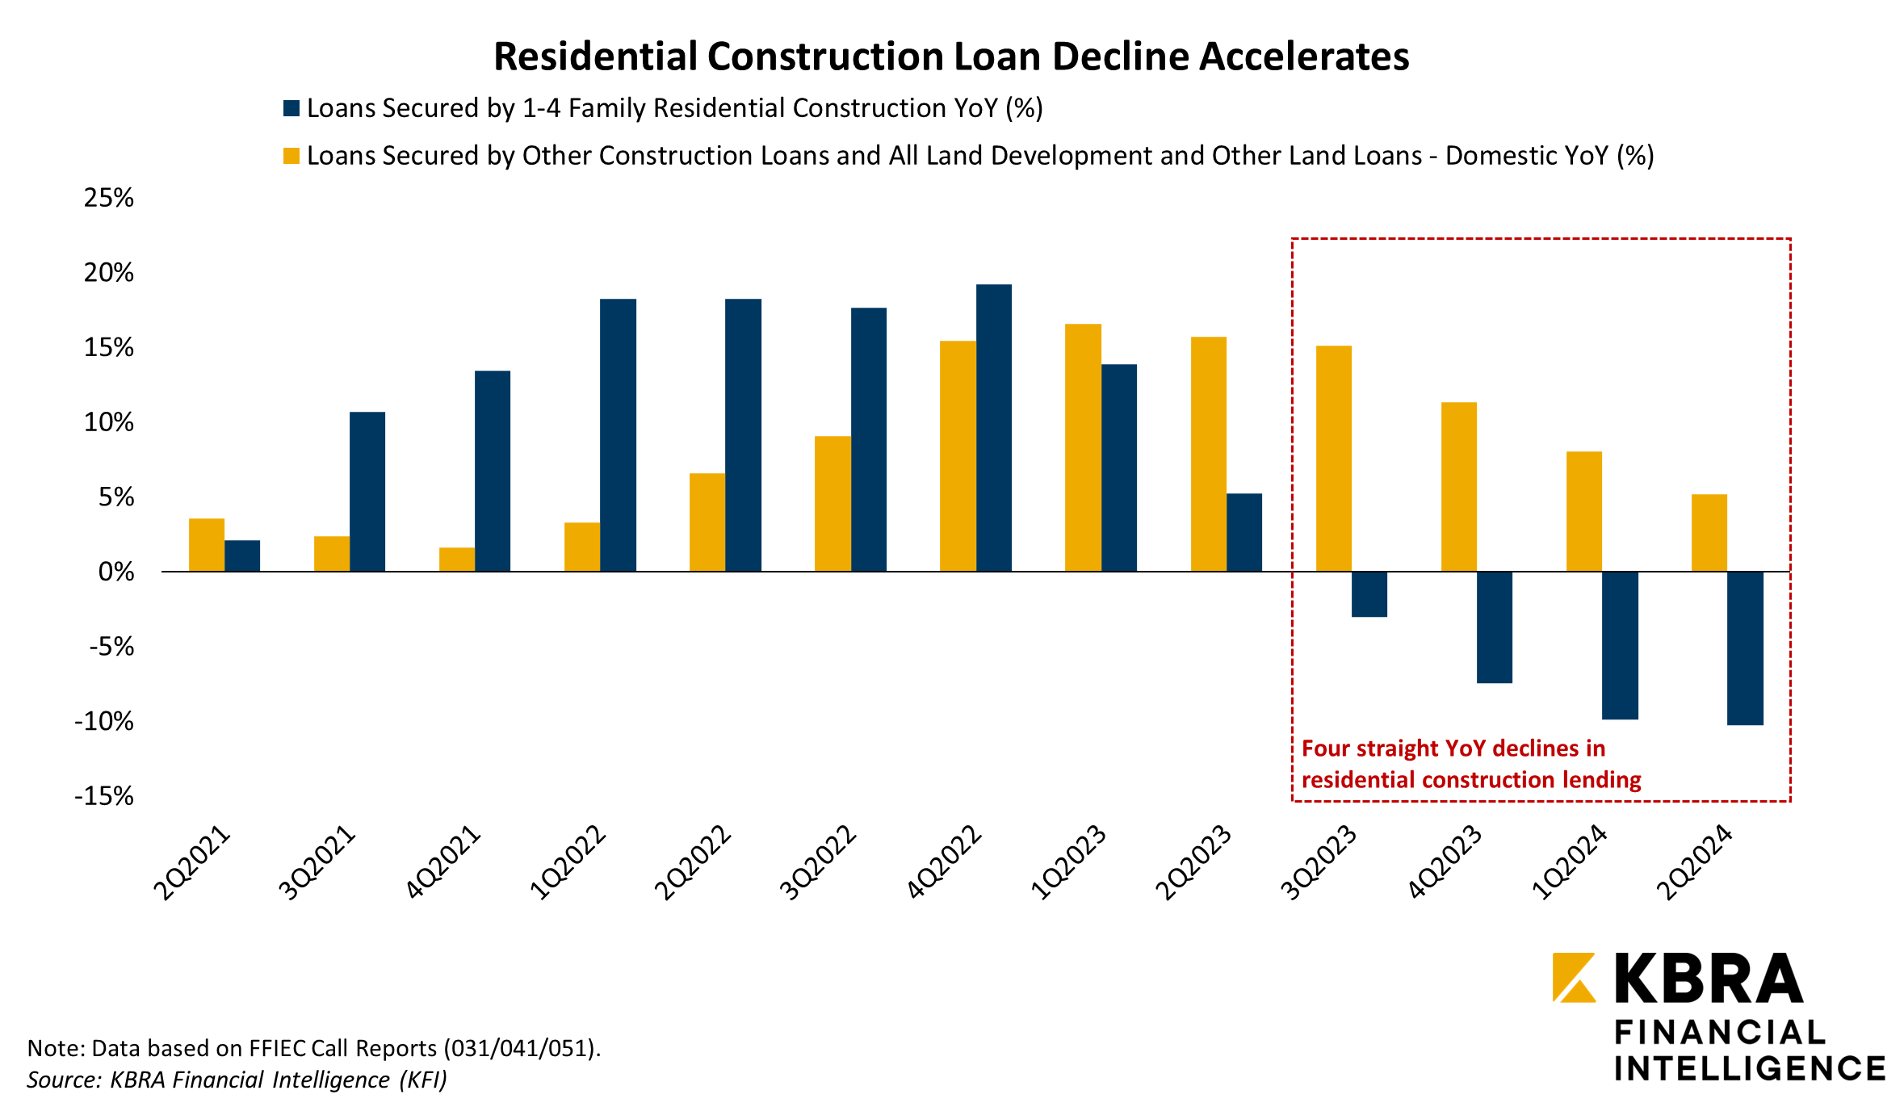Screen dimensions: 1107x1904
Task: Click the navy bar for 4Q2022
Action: [x=993, y=428]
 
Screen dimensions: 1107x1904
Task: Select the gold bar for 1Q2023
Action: [x=1083, y=448]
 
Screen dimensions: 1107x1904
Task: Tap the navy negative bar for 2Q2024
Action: [x=1745, y=648]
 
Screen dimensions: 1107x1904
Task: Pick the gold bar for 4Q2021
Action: [x=457, y=560]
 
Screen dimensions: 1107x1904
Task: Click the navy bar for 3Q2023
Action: [x=1369, y=594]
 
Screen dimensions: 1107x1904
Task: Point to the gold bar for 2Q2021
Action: [x=207, y=545]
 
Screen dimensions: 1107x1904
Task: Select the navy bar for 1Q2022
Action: [x=618, y=435]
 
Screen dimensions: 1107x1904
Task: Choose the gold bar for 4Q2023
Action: [x=1459, y=487]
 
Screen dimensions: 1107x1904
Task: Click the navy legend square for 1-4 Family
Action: [x=291, y=108]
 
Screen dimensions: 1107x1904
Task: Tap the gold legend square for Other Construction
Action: [x=291, y=156]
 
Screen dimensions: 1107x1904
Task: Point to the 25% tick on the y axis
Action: [x=109, y=198]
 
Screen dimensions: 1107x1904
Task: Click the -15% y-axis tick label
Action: [x=105, y=797]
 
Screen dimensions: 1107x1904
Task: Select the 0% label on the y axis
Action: [x=116, y=572]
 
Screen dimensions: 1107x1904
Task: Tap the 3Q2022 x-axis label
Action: [x=818, y=862]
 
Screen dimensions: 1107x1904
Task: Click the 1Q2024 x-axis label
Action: [x=1569, y=862]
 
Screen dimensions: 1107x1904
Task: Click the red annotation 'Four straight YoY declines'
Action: [x=1453, y=749]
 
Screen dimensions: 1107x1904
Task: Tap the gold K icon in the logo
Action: [x=1574, y=977]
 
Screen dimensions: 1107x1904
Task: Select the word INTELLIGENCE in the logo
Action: [x=1749, y=1068]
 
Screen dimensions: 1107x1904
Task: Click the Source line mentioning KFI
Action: [x=237, y=1080]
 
